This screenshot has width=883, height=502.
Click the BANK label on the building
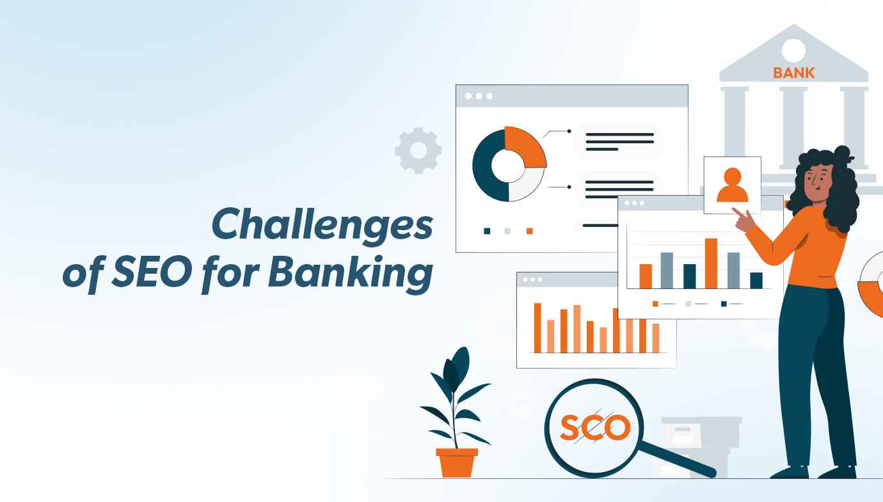[x=794, y=73]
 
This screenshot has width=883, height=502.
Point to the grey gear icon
[x=418, y=150]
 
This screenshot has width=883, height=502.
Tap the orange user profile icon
[x=732, y=185]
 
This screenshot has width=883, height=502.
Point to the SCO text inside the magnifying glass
[x=594, y=428]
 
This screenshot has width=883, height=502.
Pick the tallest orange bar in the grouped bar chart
[x=710, y=263]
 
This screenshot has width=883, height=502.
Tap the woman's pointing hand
[x=742, y=218]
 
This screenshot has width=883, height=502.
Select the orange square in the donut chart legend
[x=529, y=231]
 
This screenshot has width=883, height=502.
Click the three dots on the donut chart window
[x=479, y=96]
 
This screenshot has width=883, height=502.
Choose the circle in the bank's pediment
[x=793, y=50]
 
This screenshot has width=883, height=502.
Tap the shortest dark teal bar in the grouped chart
[x=756, y=280]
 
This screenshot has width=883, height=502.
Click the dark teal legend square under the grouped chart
[x=724, y=304]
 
